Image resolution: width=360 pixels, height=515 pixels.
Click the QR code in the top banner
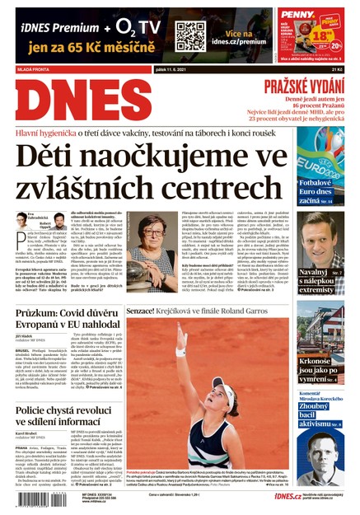coord(189,35)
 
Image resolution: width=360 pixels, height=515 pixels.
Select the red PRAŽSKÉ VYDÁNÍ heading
coord(309,87)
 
